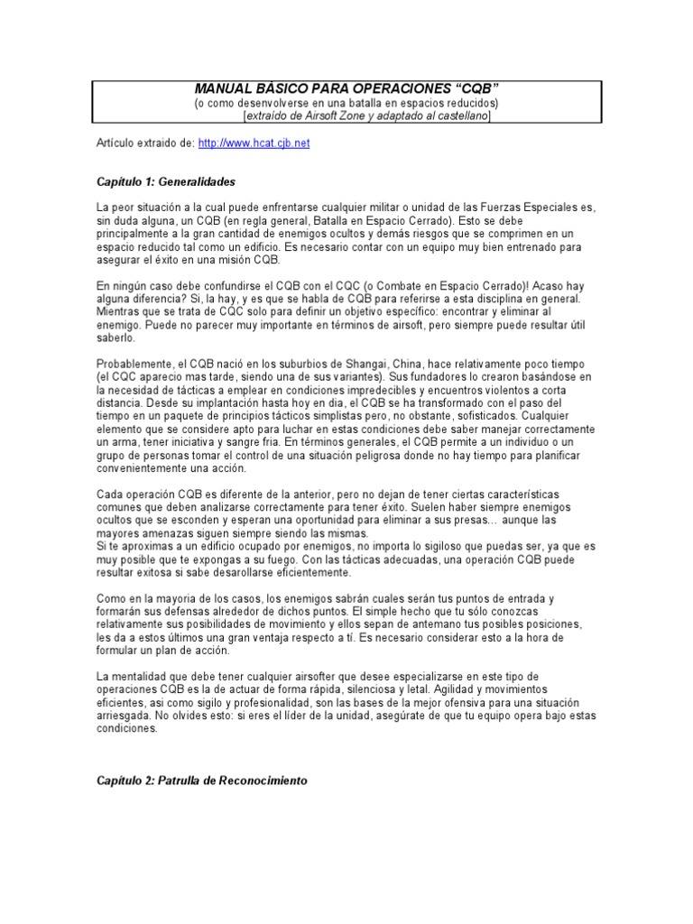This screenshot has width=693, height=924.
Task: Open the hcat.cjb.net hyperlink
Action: [x=254, y=143]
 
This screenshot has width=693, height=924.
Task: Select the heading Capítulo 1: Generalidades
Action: [x=166, y=181]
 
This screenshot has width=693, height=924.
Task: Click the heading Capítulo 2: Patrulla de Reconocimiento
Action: [x=203, y=781]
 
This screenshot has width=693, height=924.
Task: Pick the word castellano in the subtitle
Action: [x=457, y=116]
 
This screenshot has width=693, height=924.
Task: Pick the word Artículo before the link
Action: [x=117, y=143]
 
